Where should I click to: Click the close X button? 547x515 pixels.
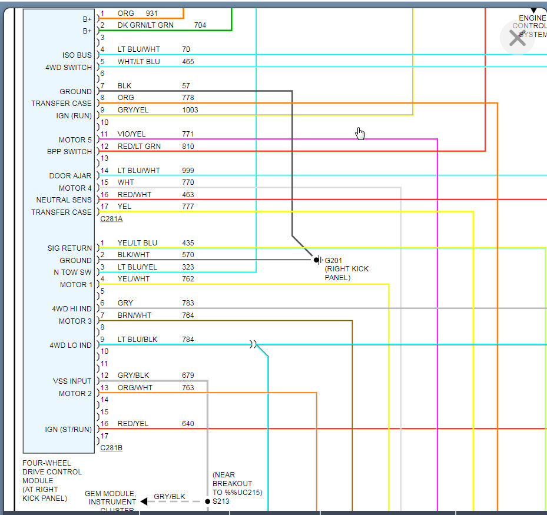pyautogui.click(x=517, y=38)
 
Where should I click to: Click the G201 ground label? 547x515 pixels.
pyautogui.click(x=334, y=260)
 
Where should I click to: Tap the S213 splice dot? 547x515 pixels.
pyautogui.click(x=207, y=501)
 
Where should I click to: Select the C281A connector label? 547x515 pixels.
pyautogui.click(x=111, y=219)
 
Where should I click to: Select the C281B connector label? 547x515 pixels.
pyautogui.click(x=111, y=448)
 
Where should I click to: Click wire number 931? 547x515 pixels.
pyautogui.click(x=153, y=13)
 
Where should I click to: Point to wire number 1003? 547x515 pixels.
pyautogui.click(x=190, y=110)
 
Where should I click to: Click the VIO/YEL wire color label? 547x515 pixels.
pyautogui.click(x=131, y=134)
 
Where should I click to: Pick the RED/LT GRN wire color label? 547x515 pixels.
pyautogui.click(x=139, y=147)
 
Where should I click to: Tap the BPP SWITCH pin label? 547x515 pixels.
pyautogui.click(x=69, y=151)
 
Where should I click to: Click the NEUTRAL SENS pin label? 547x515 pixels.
pyautogui.click(x=64, y=200)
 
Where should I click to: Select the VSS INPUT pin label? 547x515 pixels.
pyautogui.click(x=72, y=381)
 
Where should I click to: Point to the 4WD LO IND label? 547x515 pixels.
pyautogui.click(x=71, y=345)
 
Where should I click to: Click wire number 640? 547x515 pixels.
pyautogui.click(x=188, y=424)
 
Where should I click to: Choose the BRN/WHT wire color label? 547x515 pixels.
pyautogui.click(x=134, y=315)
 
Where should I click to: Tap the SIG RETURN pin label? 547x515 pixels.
pyautogui.click(x=70, y=248)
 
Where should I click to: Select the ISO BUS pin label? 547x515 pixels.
pyautogui.click(x=77, y=55)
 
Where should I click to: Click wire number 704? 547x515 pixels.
pyautogui.click(x=200, y=25)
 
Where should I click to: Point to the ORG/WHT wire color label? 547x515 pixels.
pyautogui.click(x=135, y=388)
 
